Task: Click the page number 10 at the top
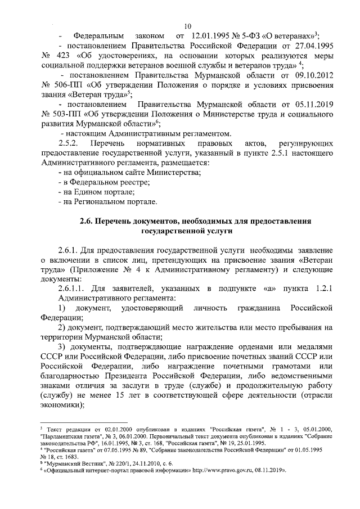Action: point(187,26)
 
